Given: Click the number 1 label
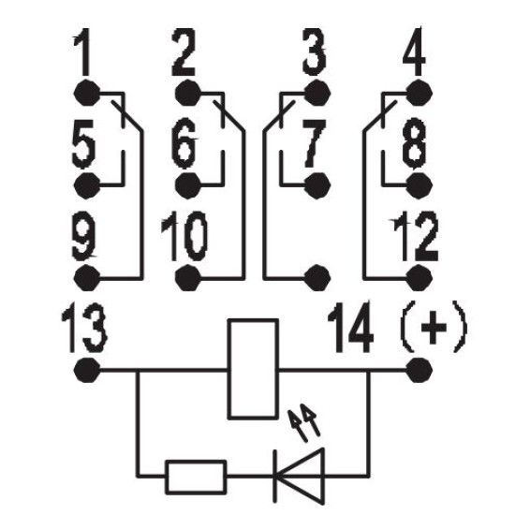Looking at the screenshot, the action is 82,52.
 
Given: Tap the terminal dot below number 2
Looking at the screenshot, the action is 187,93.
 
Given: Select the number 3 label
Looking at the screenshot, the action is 315,51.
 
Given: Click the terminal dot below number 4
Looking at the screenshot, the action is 419,93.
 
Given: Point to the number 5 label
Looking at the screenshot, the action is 83,144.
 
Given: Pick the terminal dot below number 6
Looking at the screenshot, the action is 187,185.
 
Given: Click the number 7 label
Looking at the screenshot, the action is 315,144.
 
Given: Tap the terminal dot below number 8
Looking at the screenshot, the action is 419,185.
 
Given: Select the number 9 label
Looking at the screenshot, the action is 84,237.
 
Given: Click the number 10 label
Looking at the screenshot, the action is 184,237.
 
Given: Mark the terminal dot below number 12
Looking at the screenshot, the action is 419,278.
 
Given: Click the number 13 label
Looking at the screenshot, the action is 84,329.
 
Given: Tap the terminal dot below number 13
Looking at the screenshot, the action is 87,370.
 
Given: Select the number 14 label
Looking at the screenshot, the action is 351,327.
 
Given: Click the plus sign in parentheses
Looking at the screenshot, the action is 434,327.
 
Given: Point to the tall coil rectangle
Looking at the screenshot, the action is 253,369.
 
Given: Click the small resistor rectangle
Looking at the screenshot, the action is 196,477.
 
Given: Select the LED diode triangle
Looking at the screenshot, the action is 299,476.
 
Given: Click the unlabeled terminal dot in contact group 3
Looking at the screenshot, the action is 317,278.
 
